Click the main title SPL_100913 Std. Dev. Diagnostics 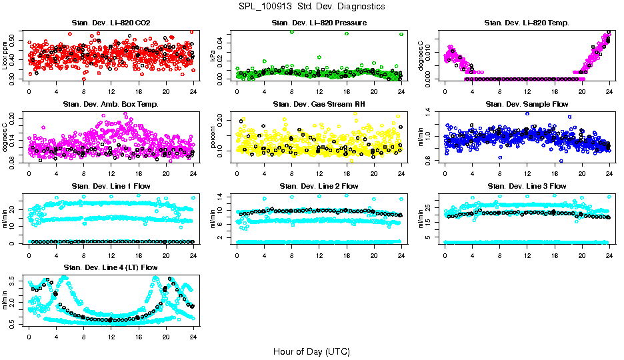pos(311,6)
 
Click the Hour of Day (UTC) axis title pos(311,351)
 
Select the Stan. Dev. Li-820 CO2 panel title pos(111,23)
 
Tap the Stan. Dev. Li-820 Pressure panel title pos(319,23)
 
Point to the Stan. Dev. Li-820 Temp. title pos(527,23)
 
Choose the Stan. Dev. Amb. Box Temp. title pos(111,104)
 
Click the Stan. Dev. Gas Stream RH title pos(319,104)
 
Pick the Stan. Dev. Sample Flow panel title pos(527,104)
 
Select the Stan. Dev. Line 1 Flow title pos(111,186)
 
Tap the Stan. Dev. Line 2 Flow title pos(319,186)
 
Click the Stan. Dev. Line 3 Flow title pos(527,186)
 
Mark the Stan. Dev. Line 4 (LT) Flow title pos(111,267)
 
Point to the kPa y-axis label pos(214,57)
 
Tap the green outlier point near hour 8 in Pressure pos(292,32)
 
